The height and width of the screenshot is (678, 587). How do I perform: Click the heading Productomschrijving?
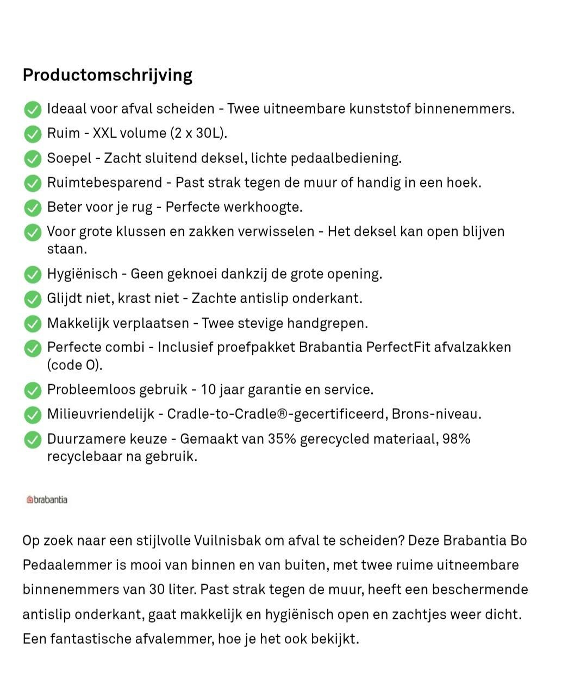[x=107, y=75]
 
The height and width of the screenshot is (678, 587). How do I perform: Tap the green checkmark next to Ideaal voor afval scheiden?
[x=33, y=109]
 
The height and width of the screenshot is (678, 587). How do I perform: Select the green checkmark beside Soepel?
[x=33, y=159]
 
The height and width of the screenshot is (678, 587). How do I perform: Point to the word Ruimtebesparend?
[x=104, y=183]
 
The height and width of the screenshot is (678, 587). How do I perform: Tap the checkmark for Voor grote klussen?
[x=33, y=233]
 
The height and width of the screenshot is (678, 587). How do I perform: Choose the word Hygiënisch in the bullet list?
[x=82, y=274]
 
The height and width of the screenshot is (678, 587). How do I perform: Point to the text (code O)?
[x=74, y=365]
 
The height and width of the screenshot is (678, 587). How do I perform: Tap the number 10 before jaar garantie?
[x=209, y=390]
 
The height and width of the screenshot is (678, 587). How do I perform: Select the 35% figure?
[x=282, y=439]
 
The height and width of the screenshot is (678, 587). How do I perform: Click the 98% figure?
[x=456, y=439]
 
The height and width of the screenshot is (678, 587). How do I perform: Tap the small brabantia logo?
[x=47, y=500]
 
